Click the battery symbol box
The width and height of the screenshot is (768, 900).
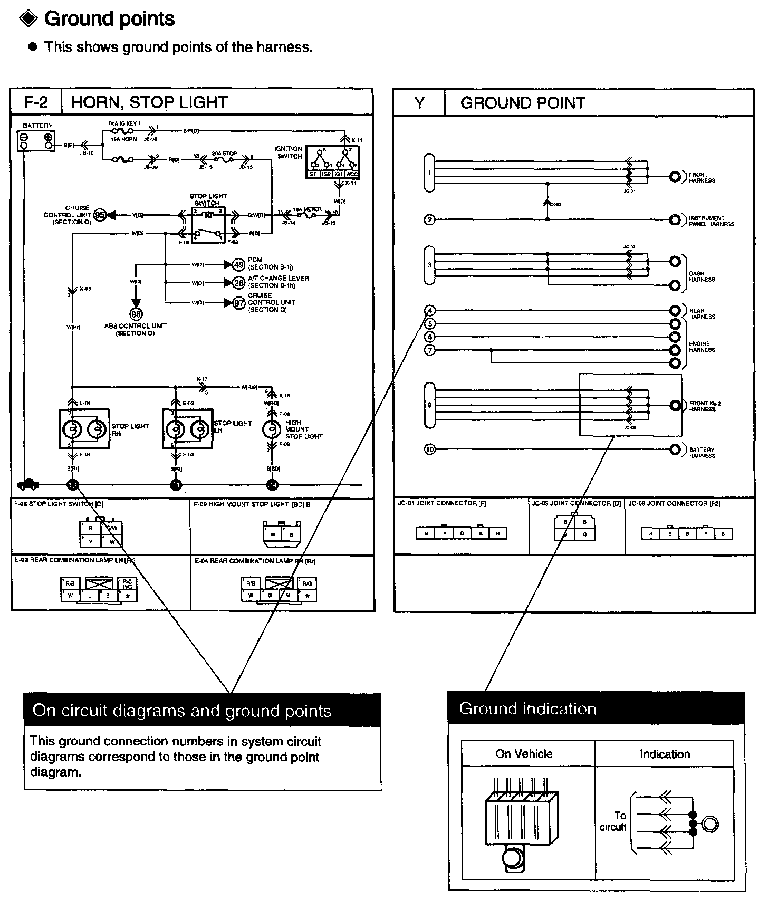pos(36,140)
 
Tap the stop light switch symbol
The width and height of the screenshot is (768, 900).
pos(209,224)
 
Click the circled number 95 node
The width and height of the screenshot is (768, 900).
pos(100,215)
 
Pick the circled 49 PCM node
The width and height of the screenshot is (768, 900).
pos(238,264)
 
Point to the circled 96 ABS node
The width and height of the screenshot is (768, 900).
pos(136,314)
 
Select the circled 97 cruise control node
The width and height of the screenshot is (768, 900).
pos(239,303)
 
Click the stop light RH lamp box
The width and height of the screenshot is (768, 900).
pos(84,429)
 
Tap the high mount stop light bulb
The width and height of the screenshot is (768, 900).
pos(272,429)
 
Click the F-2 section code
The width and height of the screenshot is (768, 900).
pos(36,102)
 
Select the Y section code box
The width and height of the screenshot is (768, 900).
pos(419,103)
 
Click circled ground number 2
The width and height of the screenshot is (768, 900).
pos(430,219)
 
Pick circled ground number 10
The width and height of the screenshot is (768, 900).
pos(430,449)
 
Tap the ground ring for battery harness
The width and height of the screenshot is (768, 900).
pos(675,449)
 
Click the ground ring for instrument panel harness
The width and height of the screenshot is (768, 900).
pos(675,219)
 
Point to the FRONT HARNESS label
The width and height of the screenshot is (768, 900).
pos(702,177)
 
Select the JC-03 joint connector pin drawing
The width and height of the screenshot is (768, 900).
pos(574,528)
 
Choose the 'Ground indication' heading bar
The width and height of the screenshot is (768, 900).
pos(596,708)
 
